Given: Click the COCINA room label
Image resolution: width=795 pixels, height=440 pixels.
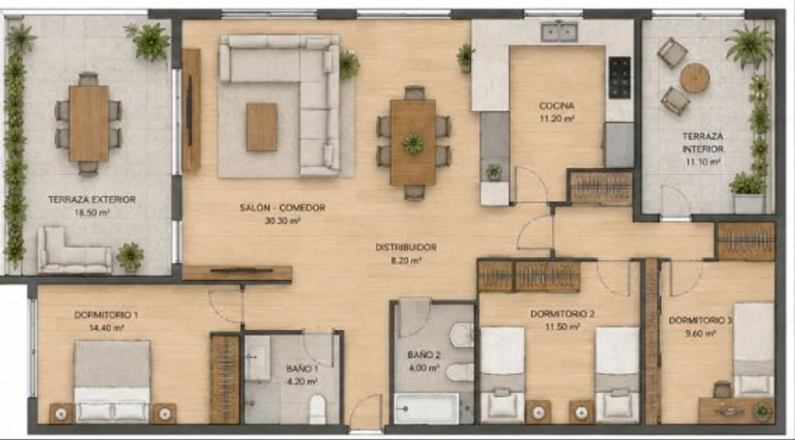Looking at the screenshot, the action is click(x=556, y=105).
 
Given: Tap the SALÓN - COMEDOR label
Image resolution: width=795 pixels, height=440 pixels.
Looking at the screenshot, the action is click(x=282, y=207).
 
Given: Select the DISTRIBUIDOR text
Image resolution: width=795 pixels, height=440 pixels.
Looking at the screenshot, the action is click(x=405, y=247).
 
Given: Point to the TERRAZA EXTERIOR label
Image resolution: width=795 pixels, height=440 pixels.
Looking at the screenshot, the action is click(x=92, y=199).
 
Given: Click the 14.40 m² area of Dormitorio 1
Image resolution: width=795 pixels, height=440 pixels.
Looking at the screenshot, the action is click(x=107, y=328).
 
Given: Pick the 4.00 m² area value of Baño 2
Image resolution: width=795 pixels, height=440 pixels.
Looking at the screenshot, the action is click(x=425, y=367).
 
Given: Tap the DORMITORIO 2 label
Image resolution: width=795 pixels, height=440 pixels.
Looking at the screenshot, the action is click(x=562, y=314).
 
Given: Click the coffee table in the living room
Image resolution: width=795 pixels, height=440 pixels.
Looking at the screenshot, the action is click(x=262, y=127).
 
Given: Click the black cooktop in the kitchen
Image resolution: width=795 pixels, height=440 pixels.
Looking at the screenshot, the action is click(x=620, y=78).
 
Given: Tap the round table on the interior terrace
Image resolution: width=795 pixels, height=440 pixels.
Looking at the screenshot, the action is click(x=694, y=78).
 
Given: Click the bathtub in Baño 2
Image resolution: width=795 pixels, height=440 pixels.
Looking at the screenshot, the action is click(x=426, y=408).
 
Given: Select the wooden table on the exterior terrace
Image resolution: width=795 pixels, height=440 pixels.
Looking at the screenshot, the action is click(x=89, y=124).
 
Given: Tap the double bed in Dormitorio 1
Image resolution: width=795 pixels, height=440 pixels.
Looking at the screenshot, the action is click(x=112, y=382).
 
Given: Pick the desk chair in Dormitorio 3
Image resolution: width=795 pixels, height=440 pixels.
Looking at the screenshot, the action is click(x=722, y=389).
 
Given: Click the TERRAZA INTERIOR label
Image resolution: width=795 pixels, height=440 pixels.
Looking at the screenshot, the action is click(x=703, y=143).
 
